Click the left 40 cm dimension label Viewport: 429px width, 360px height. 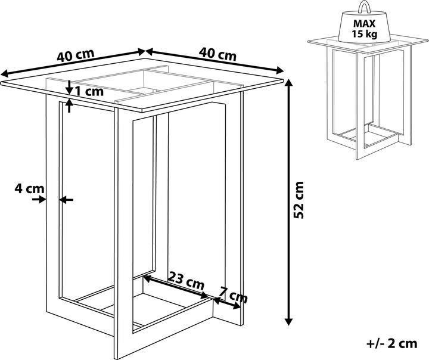point(76,55)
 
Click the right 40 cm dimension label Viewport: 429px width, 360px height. point(217,54)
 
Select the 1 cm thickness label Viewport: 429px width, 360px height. point(89,91)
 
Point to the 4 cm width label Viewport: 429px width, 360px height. point(29,188)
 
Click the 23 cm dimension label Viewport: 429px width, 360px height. point(186,281)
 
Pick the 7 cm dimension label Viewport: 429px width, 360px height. point(234,295)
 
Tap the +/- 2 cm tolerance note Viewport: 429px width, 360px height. point(392,343)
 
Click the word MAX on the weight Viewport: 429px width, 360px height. point(365,24)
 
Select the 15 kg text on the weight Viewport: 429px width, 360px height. point(365,34)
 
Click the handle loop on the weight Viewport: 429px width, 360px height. point(365,7)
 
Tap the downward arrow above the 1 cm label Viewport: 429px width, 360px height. point(69,88)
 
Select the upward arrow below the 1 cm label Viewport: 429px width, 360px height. point(69,106)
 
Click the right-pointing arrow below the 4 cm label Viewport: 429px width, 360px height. point(39,200)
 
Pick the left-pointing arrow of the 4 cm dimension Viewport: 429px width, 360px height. point(66,200)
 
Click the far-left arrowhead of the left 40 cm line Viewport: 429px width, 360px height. point(4,73)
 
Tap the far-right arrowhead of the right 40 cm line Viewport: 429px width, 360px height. point(280,70)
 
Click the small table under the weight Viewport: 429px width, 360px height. point(368,97)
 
